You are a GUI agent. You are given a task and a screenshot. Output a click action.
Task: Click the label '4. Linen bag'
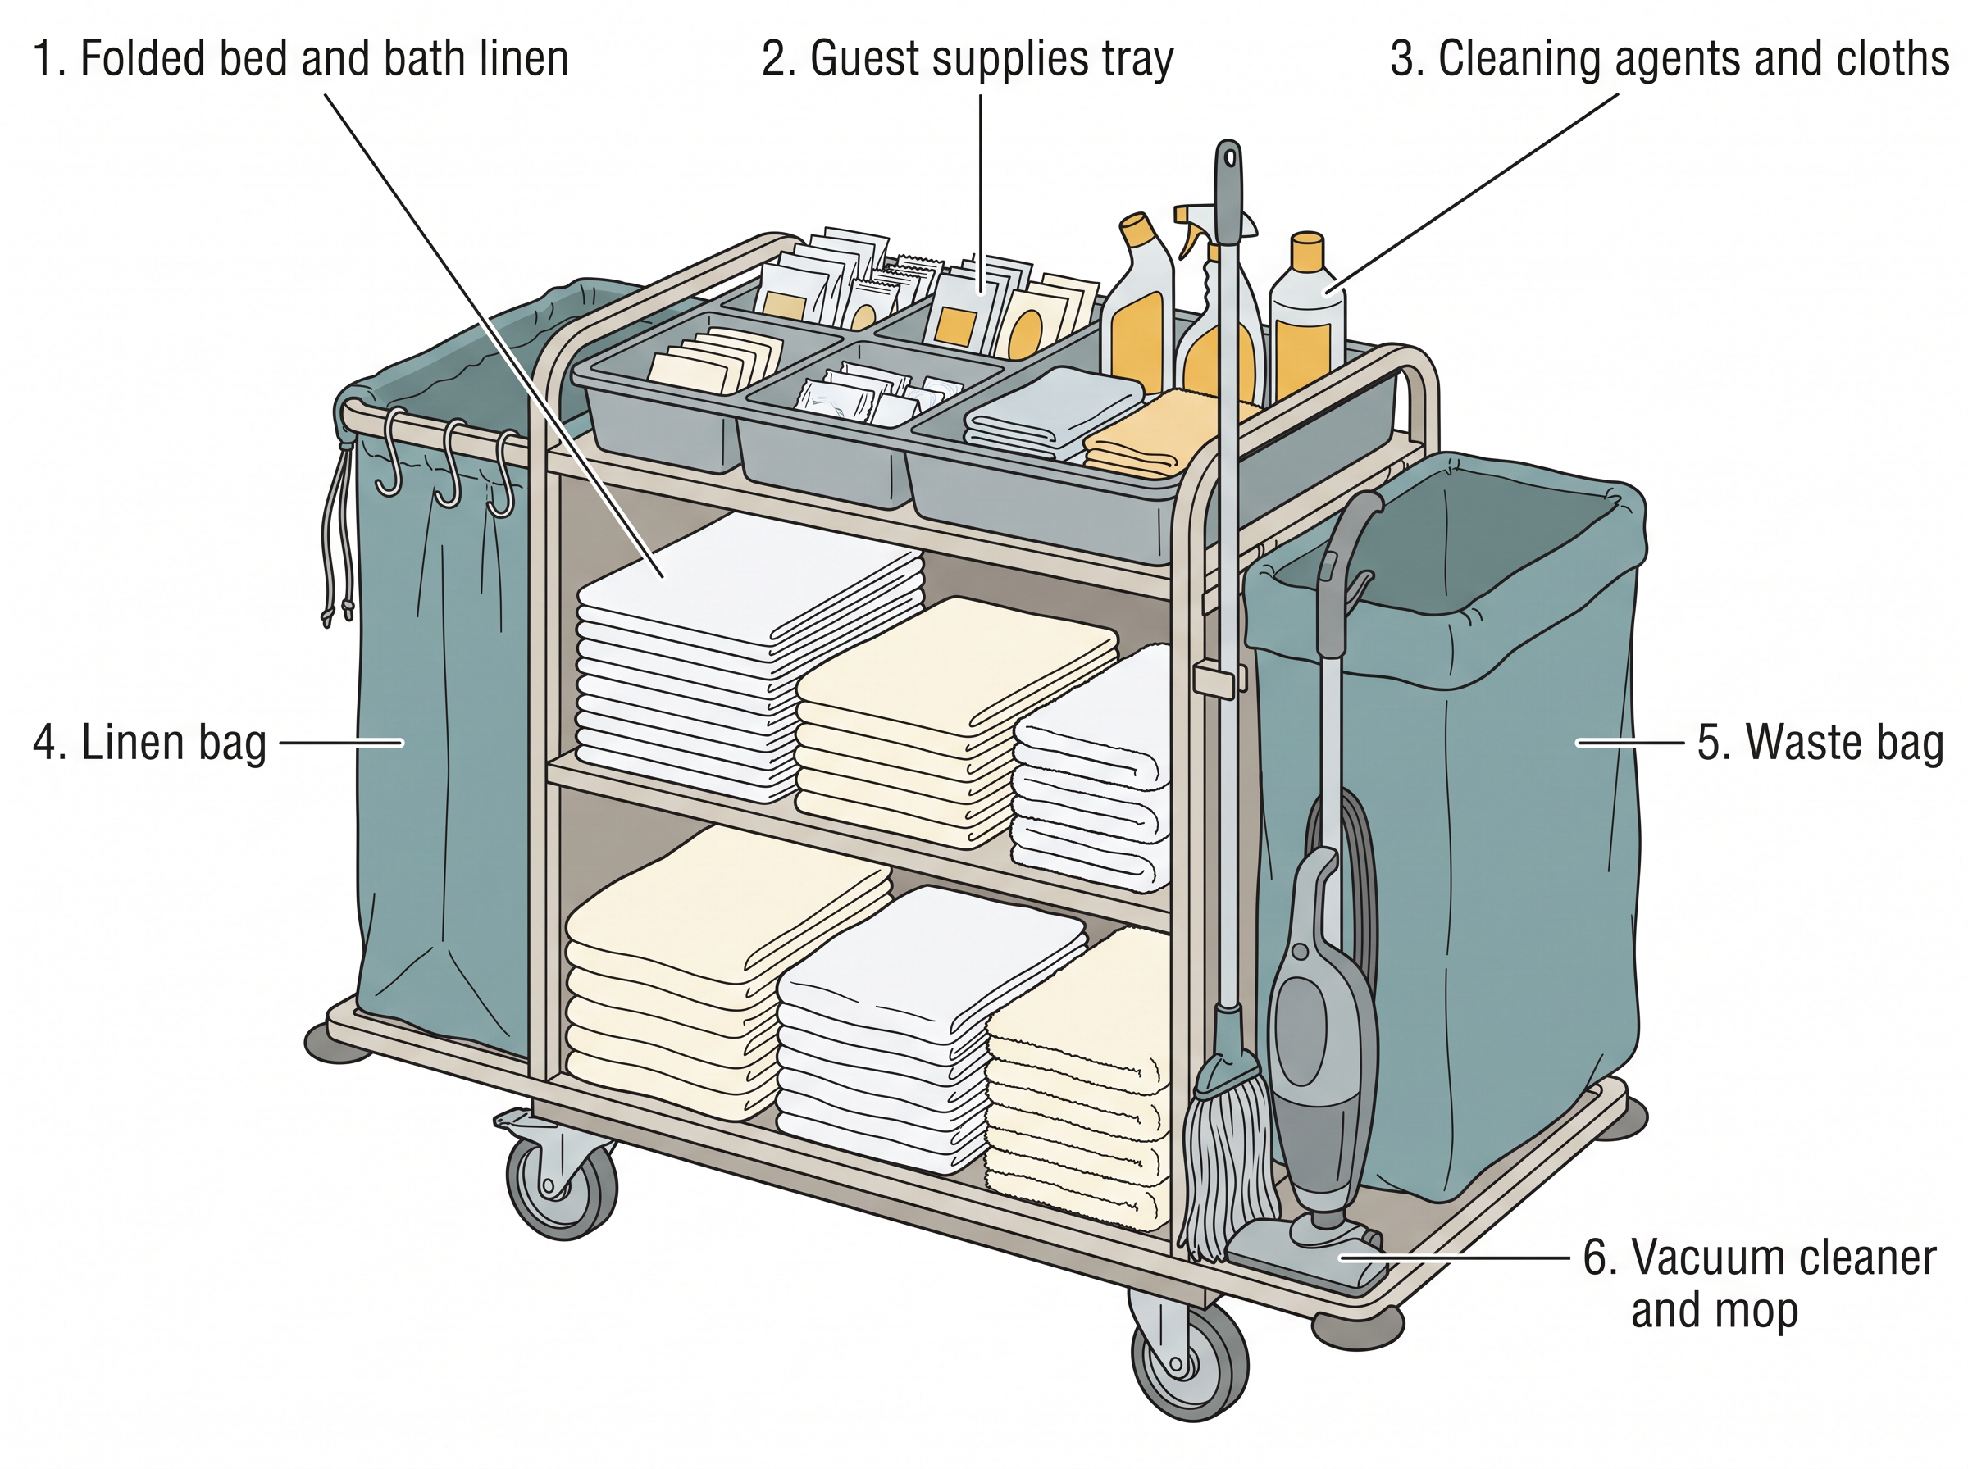pos(149,743)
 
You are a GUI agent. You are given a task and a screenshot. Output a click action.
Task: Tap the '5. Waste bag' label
pos(1820,743)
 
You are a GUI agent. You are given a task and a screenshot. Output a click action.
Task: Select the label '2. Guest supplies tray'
pos(968,60)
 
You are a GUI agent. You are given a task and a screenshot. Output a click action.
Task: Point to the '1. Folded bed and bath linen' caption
pos(301,60)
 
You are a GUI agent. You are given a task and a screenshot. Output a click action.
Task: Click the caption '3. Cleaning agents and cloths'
pos(1670,60)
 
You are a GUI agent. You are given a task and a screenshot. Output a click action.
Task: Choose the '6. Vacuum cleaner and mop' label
pos(1759,1284)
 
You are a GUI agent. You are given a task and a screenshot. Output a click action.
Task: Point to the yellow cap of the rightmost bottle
pos(1306,251)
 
